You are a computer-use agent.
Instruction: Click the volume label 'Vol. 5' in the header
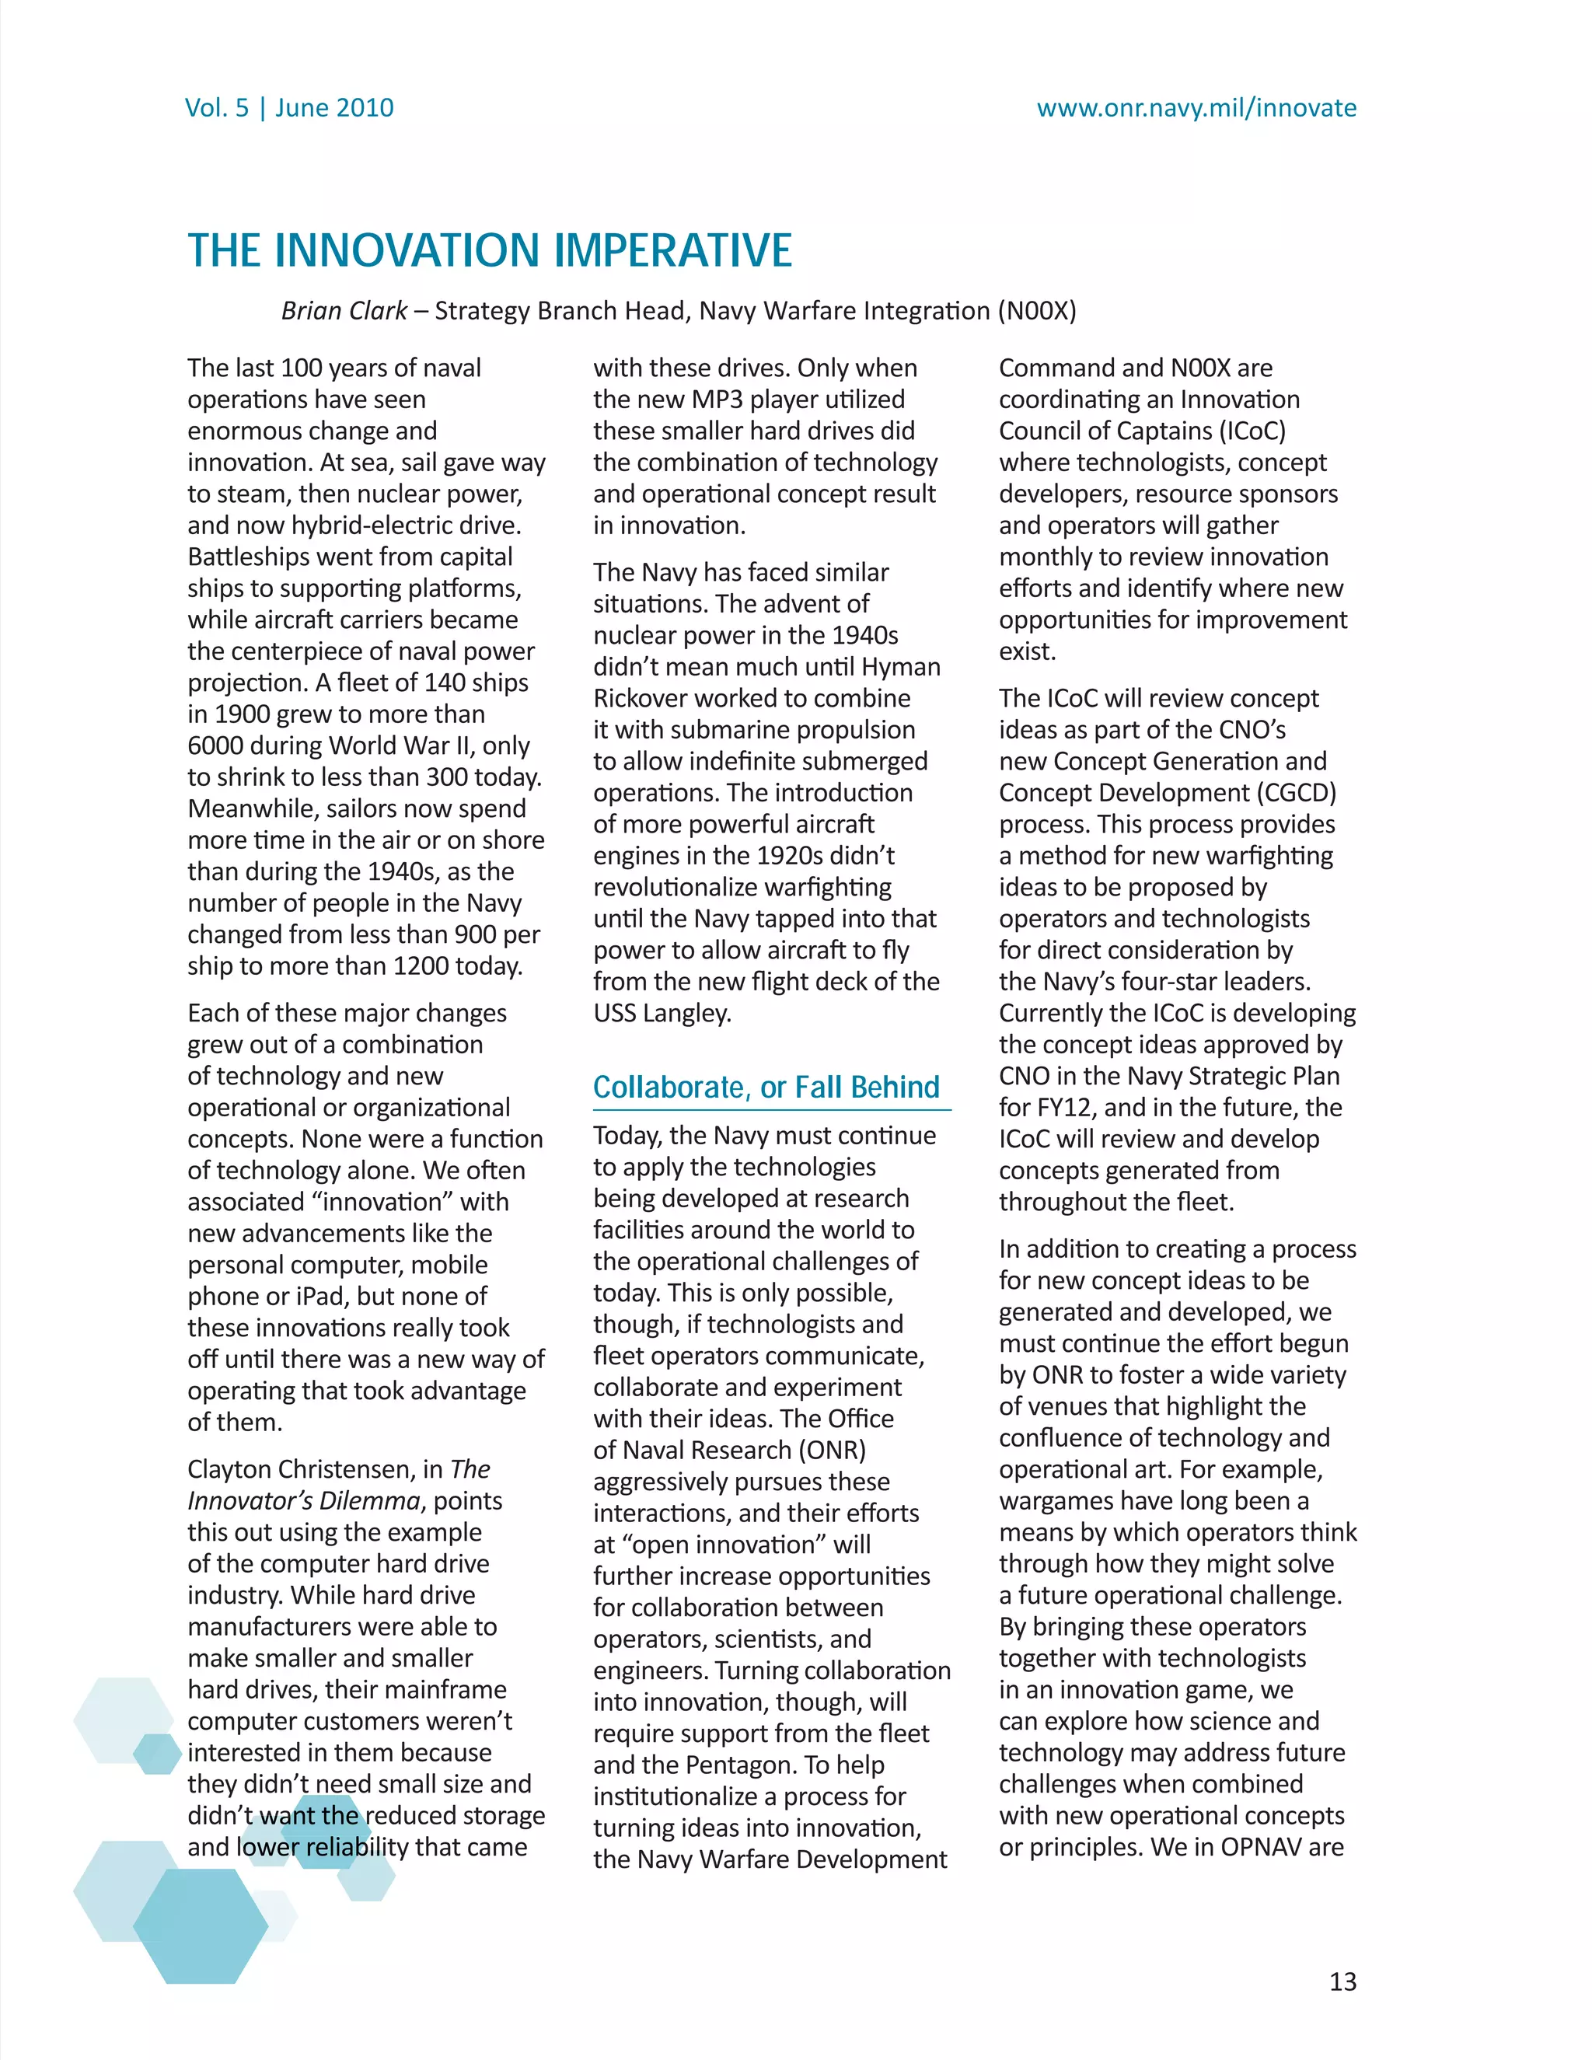(217, 107)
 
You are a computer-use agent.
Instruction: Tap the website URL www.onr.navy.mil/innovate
(1196, 107)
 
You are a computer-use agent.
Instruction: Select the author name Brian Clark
(344, 310)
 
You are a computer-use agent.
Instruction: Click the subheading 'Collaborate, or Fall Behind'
(766, 1088)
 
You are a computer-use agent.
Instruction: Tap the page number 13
(1342, 1981)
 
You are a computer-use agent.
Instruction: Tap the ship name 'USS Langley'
(662, 1013)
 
